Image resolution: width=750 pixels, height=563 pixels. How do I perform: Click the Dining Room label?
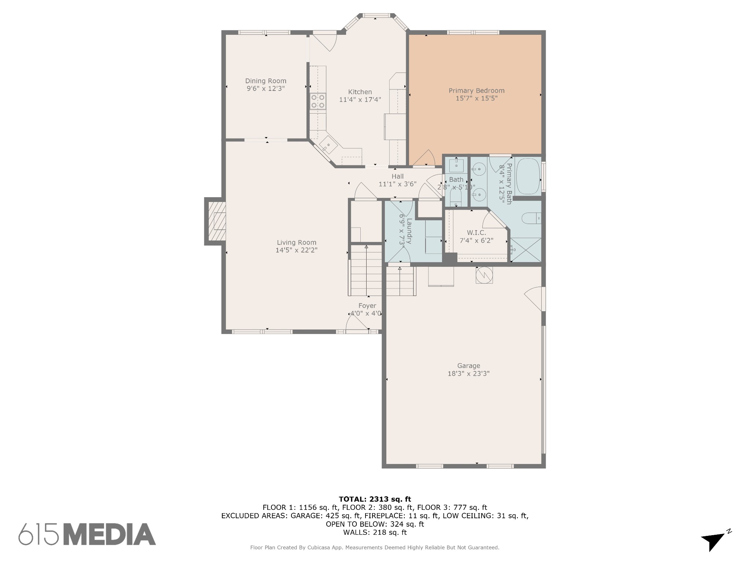[x=266, y=81]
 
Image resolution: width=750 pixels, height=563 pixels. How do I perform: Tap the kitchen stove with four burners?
[x=318, y=102]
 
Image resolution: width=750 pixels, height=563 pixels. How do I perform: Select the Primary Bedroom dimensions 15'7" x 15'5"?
[x=476, y=98]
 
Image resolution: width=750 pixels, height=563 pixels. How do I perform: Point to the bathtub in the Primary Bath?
[x=528, y=176]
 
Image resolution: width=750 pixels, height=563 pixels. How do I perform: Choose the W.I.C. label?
[x=476, y=233]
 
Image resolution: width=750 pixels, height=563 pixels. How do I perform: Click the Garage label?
[x=468, y=365]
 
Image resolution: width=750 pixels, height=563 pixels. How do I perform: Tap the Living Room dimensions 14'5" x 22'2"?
[x=296, y=250]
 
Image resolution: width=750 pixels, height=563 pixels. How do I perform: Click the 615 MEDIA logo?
[x=87, y=534]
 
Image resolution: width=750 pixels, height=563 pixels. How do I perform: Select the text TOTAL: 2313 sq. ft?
[x=375, y=499]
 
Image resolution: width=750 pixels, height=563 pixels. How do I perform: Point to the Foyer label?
[x=367, y=306]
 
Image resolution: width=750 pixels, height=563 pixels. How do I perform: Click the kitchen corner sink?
[x=328, y=146]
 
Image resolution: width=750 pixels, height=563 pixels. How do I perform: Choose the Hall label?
[x=397, y=176]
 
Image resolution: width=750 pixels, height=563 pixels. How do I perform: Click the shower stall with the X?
[x=526, y=250]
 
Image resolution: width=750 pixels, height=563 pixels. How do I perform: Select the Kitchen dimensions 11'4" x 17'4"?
[x=360, y=99]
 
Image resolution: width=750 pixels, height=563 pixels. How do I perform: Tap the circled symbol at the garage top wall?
[x=484, y=275]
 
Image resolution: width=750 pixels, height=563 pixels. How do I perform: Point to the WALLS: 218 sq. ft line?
[x=375, y=532]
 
